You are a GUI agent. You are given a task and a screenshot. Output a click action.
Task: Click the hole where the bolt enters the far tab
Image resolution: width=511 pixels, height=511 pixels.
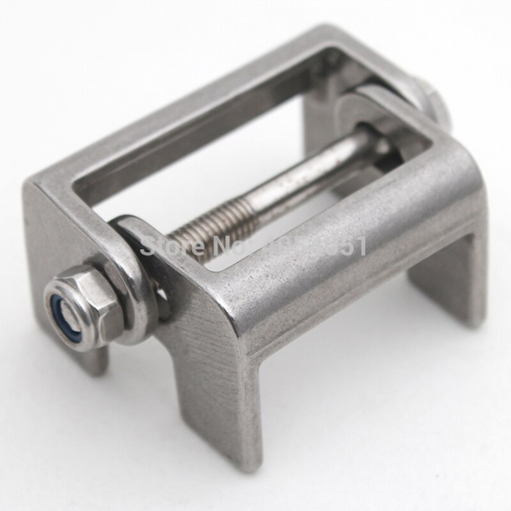pos(377,137)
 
